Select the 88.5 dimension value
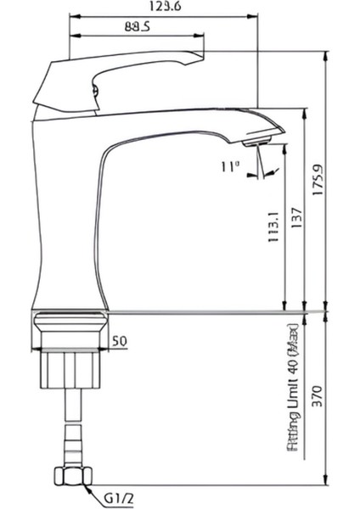[138, 27]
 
